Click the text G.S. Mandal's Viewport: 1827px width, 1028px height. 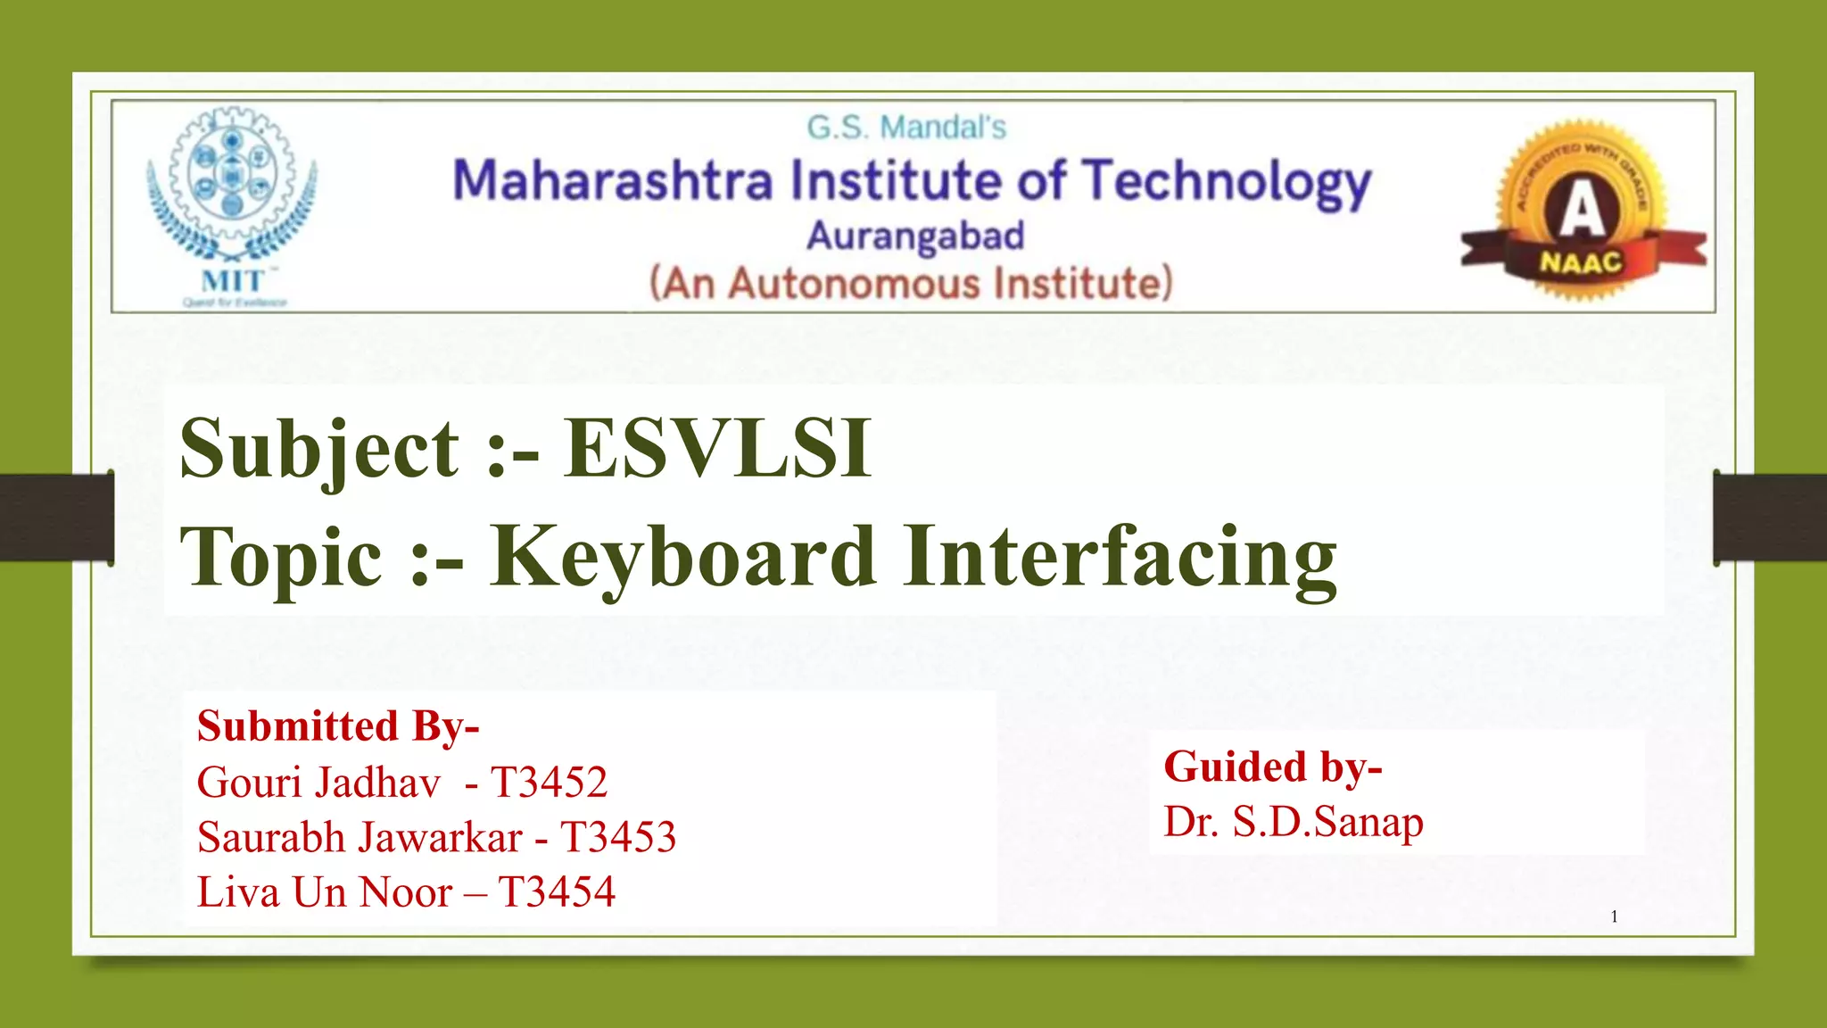(906, 128)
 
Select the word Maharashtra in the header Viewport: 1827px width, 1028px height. (613, 181)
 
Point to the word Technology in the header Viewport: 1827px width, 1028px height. (1227, 183)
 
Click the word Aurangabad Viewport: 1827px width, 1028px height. (915, 236)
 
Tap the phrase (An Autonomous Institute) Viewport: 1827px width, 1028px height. (911, 284)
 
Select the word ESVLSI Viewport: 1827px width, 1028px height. (718, 449)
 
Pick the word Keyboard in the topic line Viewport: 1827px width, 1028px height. (682, 558)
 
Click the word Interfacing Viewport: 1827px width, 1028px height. (1120, 558)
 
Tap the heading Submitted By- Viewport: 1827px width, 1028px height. (338, 725)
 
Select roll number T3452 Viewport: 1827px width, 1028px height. (550, 783)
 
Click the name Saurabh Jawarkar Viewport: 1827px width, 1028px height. (360, 837)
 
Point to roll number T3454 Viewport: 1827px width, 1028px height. (557, 892)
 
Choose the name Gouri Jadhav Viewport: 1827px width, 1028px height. (318, 783)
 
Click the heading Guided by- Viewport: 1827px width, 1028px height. (1273, 767)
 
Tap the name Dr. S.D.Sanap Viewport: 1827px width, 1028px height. (1294, 822)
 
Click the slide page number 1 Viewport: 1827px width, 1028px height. (1615, 916)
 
